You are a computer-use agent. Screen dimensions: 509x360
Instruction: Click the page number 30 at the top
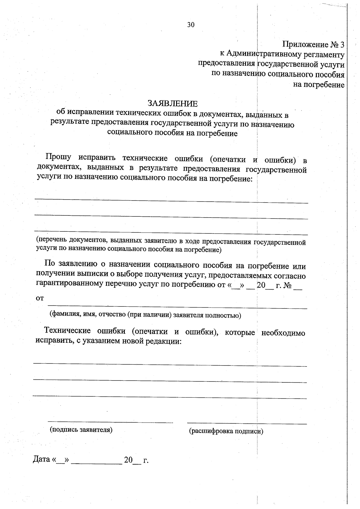click(x=191, y=25)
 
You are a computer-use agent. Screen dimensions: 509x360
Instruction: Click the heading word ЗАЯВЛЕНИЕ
click(x=172, y=104)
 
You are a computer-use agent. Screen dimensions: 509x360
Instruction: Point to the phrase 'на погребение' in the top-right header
click(x=319, y=85)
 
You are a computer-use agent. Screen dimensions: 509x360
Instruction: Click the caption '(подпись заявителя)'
click(x=81, y=429)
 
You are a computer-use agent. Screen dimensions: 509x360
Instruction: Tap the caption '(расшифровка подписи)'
click(x=226, y=431)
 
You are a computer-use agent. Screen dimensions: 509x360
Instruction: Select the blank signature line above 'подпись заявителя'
click(x=110, y=422)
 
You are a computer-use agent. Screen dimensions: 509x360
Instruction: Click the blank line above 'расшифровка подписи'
click(x=247, y=423)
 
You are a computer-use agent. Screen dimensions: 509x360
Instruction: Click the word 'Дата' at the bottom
click(x=41, y=459)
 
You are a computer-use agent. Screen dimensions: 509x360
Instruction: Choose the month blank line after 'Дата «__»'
click(x=97, y=463)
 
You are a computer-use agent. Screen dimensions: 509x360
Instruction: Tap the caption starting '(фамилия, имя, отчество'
click(x=145, y=315)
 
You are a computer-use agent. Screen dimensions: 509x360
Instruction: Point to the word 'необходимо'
click(x=283, y=333)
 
